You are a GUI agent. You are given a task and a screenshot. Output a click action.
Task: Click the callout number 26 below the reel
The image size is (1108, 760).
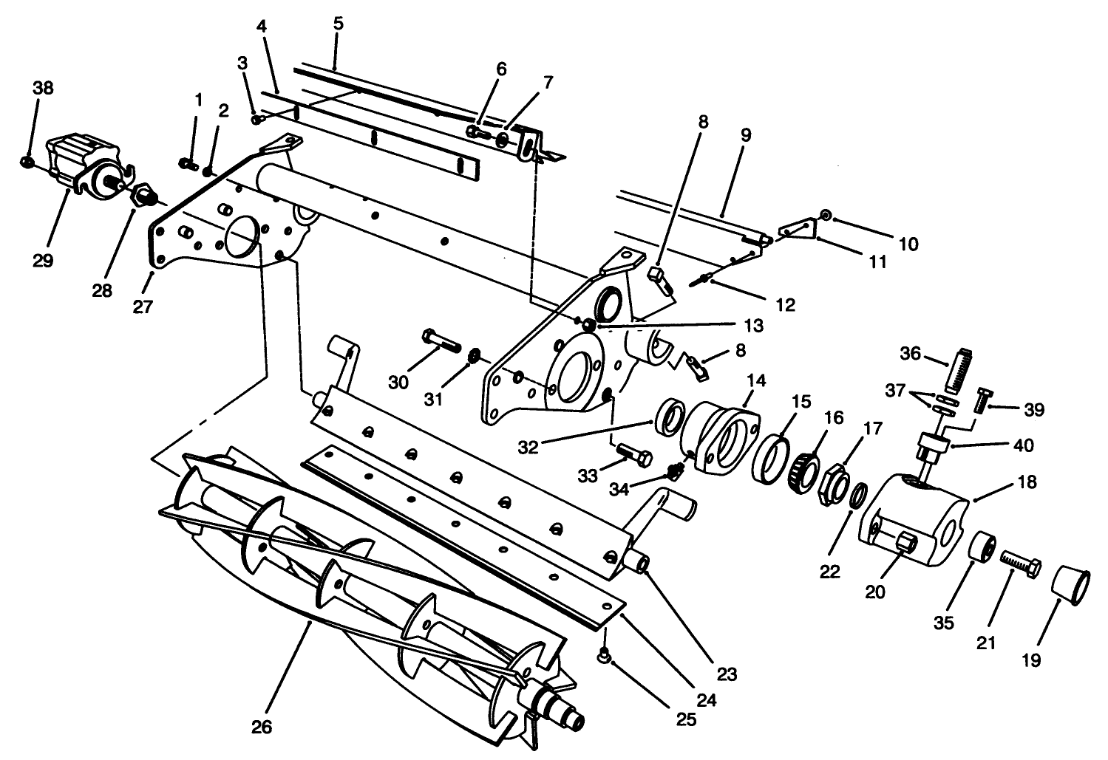click(x=262, y=727)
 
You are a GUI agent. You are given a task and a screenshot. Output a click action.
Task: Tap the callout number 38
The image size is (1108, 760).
click(x=43, y=88)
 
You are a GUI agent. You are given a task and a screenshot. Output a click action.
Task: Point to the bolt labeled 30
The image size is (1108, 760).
click(x=441, y=341)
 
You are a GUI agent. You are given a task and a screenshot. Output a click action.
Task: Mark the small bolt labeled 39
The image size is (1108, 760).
click(x=982, y=400)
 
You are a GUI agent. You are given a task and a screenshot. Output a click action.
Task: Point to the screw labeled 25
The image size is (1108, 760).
click(x=605, y=654)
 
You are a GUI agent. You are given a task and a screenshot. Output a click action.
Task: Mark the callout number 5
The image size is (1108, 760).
click(x=338, y=23)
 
